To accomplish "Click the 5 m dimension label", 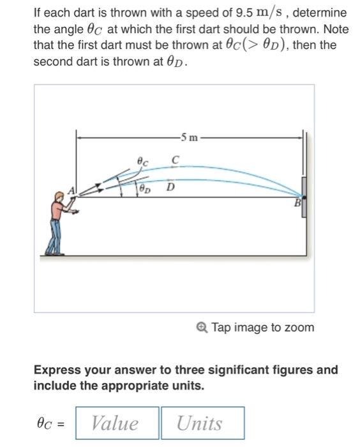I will [x=190, y=136].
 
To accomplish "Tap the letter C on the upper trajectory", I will [x=175, y=159].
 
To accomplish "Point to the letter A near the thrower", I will [x=73, y=189].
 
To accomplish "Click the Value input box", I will [x=117, y=423].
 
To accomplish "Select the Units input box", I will [x=201, y=423].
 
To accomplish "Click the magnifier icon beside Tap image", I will [x=202, y=328].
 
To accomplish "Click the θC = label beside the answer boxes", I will [x=52, y=423].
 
